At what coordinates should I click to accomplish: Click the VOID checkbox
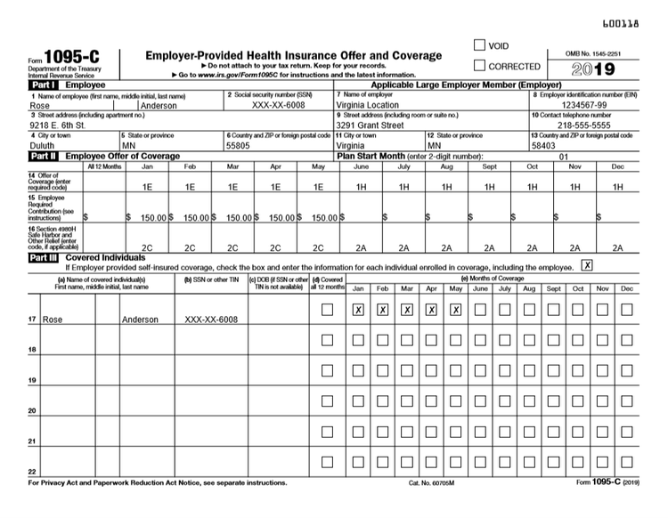(480, 45)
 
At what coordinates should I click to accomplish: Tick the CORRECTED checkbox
(480, 66)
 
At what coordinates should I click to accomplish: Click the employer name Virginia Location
(372, 105)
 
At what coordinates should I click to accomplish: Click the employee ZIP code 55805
(239, 145)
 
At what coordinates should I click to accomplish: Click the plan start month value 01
(563, 156)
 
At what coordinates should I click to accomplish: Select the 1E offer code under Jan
(147, 188)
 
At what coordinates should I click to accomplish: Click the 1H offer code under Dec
(617, 188)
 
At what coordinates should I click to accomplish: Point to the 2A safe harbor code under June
(361, 248)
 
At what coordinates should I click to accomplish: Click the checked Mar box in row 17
(407, 310)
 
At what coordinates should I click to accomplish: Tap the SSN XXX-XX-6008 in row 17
(211, 319)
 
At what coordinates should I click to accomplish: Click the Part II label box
(42, 156)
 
